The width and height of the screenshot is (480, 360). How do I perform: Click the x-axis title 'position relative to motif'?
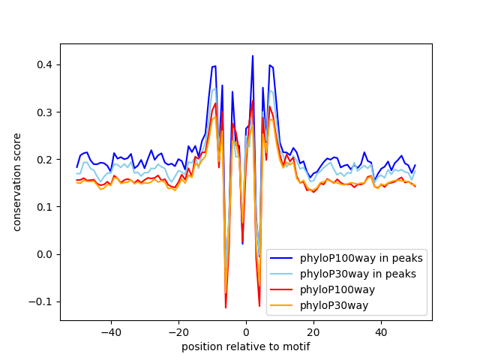[x=245, y=346]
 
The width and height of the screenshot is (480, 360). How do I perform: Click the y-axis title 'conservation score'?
[x=16, y=182]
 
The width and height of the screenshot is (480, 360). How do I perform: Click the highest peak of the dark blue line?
[x=253, y=56]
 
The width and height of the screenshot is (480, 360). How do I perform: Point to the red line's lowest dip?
[x=226, y=307]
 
